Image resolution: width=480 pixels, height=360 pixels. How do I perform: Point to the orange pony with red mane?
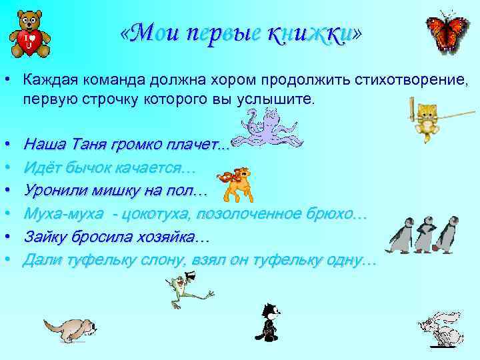(236, 181)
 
